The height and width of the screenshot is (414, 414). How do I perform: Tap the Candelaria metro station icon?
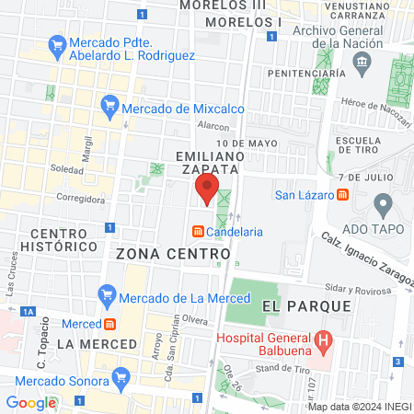[x=197, y=232]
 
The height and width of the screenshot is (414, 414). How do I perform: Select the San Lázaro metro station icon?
[x=342, y=194]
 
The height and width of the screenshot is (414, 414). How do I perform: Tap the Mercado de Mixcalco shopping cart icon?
[x=110, y=108]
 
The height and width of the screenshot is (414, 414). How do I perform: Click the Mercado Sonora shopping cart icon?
[x=120, y=377]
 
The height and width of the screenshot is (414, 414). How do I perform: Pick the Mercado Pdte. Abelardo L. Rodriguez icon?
[x=57, y=43]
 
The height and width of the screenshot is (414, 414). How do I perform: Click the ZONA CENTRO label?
[x=173, y=252]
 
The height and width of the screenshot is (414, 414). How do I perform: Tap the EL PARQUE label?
[x=306, y=305]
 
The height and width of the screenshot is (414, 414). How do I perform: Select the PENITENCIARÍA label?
[x=305, y=73]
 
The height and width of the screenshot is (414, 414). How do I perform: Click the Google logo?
[x=30, y=402]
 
